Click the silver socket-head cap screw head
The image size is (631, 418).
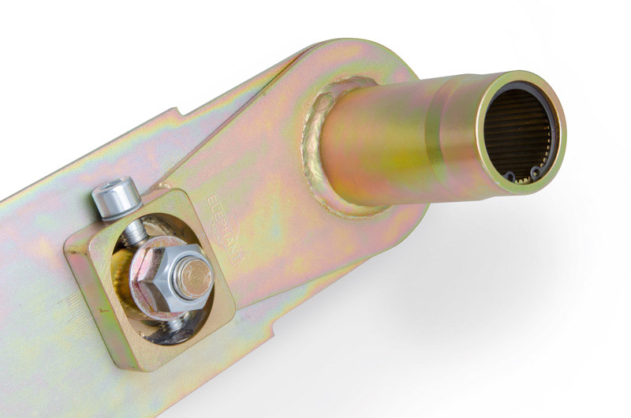coord(113,200)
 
